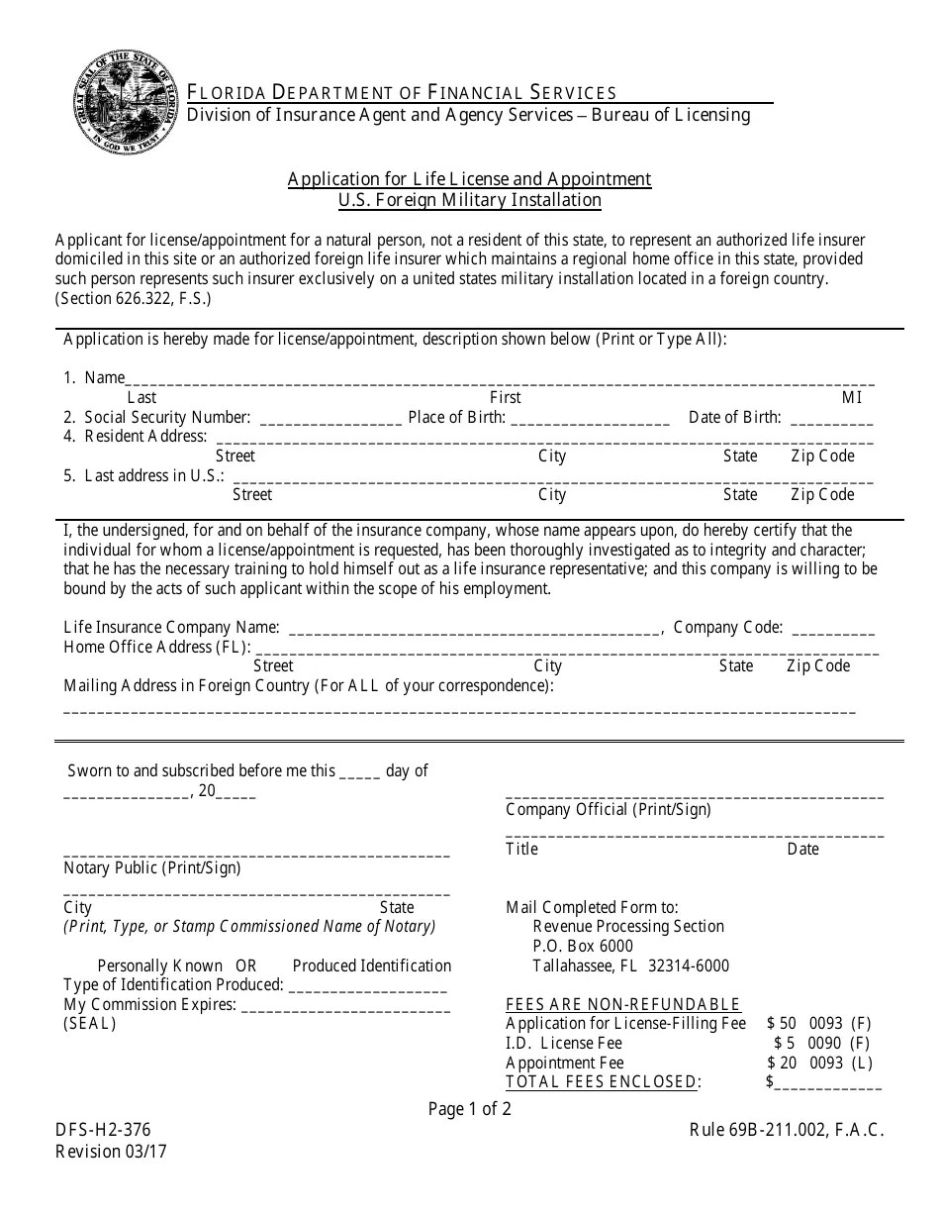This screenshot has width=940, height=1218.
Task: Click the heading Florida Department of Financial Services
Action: (x=403, y=92)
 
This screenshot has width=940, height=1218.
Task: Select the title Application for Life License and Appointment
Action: (x=469, y=179)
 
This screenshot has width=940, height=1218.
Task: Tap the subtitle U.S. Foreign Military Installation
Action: (x=469, y=200)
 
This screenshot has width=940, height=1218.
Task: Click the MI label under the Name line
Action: (x=852, y=397)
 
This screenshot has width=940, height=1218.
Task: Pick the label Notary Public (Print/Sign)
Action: (x=152, y=868)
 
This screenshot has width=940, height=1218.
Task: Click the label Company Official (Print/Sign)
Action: (x=609, y=810)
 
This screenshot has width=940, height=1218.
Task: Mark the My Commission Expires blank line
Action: (x=345, y=1007)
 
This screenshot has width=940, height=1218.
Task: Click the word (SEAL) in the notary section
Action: (x=90, y=1024)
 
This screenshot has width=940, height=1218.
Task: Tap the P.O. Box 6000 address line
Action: (x=583, y=946)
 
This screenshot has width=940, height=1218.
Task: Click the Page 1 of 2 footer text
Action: (x=470, y=1109)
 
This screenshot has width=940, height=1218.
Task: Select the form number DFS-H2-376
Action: (x=104, y=1131)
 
